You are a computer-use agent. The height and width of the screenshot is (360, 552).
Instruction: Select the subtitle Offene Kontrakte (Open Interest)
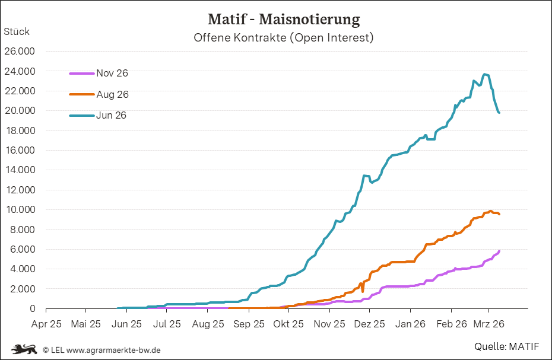point(284,38)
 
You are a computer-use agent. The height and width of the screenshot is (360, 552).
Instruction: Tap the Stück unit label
point(17,31)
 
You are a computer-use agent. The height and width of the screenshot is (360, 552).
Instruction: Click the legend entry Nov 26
point(112,74)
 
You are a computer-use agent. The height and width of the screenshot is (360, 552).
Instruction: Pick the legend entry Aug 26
point(112,94)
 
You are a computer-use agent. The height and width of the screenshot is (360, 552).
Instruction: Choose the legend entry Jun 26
point(112,115)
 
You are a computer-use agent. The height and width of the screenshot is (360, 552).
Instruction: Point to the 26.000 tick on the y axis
point(20,52)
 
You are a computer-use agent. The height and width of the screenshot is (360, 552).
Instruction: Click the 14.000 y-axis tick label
point(20,170)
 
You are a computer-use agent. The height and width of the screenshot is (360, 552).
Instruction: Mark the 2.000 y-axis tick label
point(22,289)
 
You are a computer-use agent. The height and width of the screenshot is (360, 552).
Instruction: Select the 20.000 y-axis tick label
point(20,111)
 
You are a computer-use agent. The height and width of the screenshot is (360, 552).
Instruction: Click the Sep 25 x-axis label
point(249,324)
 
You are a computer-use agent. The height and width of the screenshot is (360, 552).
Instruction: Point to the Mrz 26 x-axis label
point(489,324)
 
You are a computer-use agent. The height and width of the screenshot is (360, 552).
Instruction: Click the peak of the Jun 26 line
point(486,74)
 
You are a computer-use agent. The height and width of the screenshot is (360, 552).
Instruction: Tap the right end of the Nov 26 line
point(499,251)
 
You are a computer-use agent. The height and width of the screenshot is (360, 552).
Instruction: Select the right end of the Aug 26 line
point(499,214)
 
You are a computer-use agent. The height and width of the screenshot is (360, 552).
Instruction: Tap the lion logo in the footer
point(24,349)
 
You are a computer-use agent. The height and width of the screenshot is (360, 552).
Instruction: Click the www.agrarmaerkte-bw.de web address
point(113,350)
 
